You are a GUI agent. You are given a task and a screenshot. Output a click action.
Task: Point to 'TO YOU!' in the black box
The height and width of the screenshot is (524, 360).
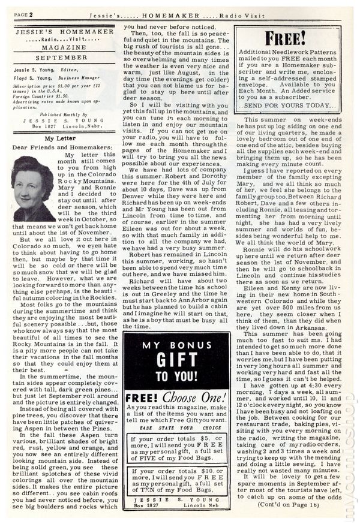click(176, 377)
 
